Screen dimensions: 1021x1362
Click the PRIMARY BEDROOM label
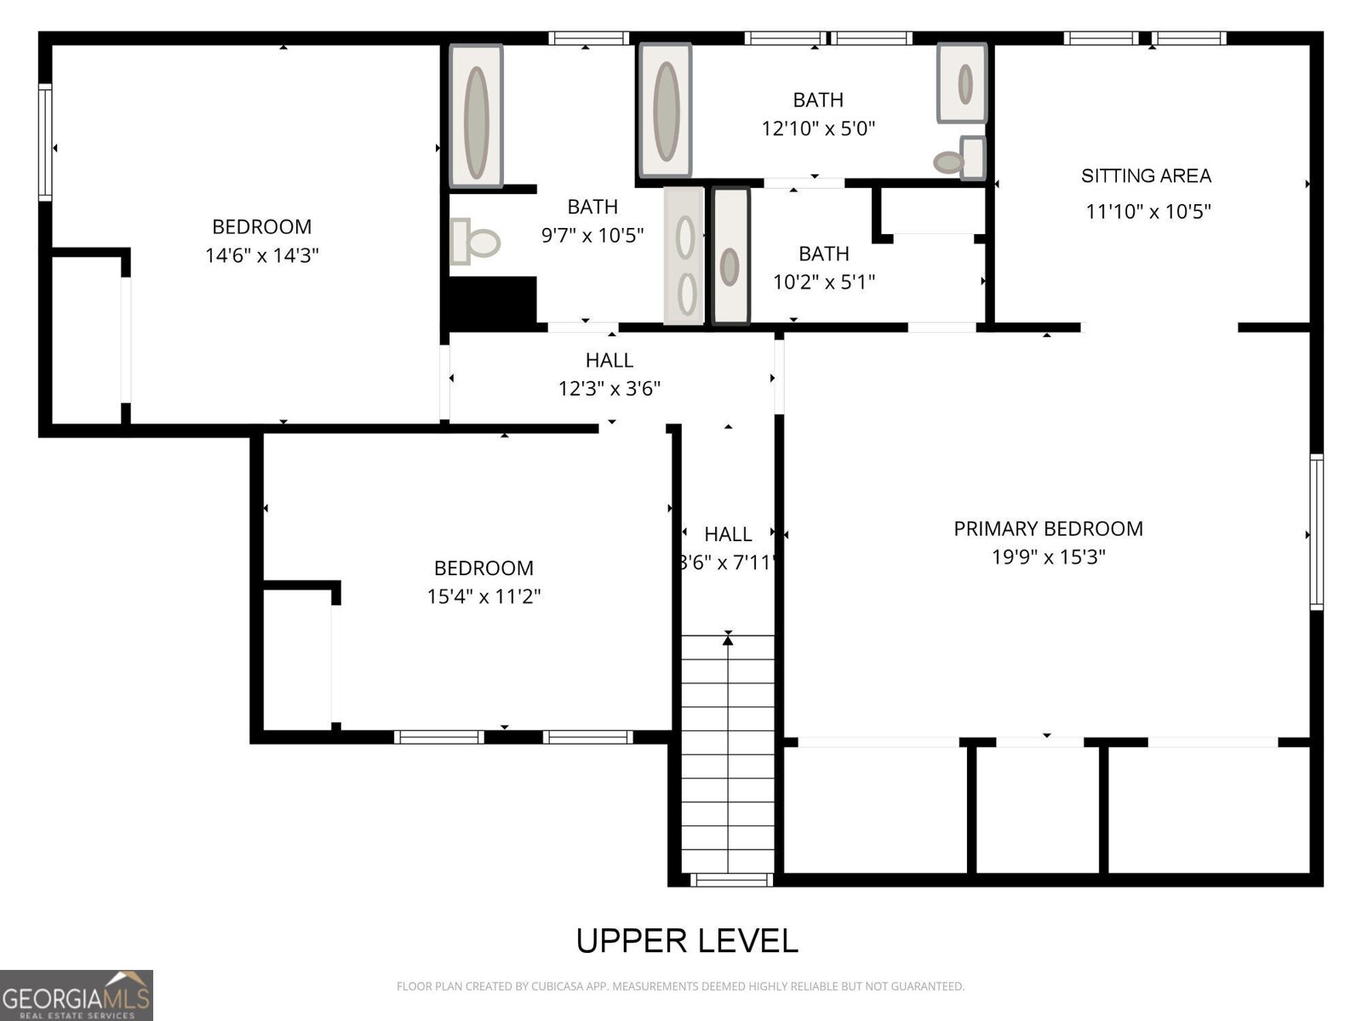(1048, 528)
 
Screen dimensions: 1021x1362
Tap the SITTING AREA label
(1146, 176)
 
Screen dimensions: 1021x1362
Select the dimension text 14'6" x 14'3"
(262, 255)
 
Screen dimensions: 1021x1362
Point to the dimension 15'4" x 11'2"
(484, 596)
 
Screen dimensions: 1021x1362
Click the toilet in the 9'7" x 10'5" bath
(476, 242)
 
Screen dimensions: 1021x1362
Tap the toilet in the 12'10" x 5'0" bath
(960, 159)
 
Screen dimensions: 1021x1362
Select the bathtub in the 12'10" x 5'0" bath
(666, 111)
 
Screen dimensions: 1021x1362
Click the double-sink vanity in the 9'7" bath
(684, 256)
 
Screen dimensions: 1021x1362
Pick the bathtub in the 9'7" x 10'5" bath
(476, 117)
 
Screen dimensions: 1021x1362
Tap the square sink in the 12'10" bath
(963, 83)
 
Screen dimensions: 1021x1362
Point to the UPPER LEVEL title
(687, 941)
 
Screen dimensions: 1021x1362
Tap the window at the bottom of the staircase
(731, 880)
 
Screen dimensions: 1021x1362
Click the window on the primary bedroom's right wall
(1316, 532)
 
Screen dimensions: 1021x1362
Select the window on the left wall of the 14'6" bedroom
(45, 142)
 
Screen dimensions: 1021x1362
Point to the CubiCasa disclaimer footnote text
(680, 987)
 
